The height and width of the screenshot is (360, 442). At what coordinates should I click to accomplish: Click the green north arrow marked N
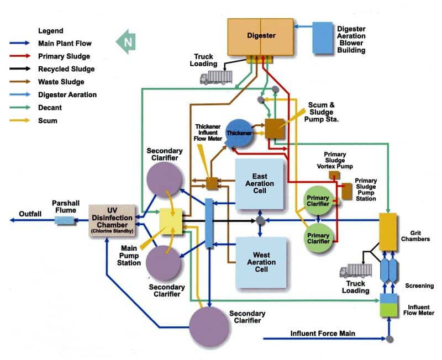pos(126,42)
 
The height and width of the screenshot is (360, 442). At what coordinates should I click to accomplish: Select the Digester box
pos(260,37)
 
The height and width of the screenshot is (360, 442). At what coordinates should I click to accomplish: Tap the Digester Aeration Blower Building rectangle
pos(323,38)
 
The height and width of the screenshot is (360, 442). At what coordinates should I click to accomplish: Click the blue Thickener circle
pos(239,133)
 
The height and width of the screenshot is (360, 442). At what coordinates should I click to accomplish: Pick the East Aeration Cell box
pos(259,184)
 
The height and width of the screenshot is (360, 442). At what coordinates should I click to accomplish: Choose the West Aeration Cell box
pos(261,262)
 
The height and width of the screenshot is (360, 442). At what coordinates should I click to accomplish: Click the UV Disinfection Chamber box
pos(112,220)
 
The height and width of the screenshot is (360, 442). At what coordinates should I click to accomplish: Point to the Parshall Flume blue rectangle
pos(65,220)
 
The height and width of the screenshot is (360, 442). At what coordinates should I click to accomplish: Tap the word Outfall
pos(30,214)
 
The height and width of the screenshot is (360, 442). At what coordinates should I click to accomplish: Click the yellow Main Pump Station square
pos(171,221)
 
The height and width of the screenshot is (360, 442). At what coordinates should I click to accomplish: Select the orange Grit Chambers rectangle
pos(388,232)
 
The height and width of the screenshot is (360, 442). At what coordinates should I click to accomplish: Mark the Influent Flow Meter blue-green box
pos(389,305)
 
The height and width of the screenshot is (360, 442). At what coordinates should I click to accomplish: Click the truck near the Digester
pos(216,77)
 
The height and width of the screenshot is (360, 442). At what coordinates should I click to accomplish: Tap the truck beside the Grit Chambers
pos(356,271)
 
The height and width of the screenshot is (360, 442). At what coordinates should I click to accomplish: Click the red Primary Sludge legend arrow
pos(20,56)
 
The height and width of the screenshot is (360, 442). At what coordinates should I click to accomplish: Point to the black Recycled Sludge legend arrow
pos(20,68)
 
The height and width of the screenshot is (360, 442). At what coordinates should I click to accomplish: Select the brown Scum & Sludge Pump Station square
pos(274,129)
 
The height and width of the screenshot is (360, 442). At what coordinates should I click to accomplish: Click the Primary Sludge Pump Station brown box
pos(347,191)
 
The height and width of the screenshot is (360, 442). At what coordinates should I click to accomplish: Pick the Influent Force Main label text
pos(323,333)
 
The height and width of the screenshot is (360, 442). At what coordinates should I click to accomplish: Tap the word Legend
pos(51,31)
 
